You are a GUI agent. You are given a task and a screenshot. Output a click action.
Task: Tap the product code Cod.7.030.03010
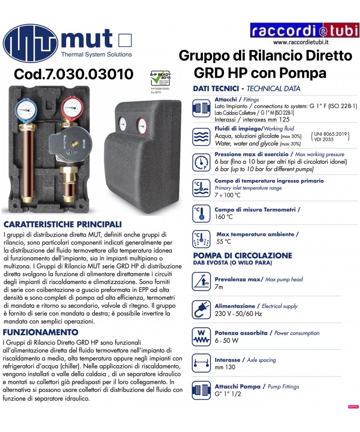coord(74,74)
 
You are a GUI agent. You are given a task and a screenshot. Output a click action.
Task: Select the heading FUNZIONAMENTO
coord(41,333)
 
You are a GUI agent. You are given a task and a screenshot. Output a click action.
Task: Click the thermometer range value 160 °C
coord(224,217)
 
